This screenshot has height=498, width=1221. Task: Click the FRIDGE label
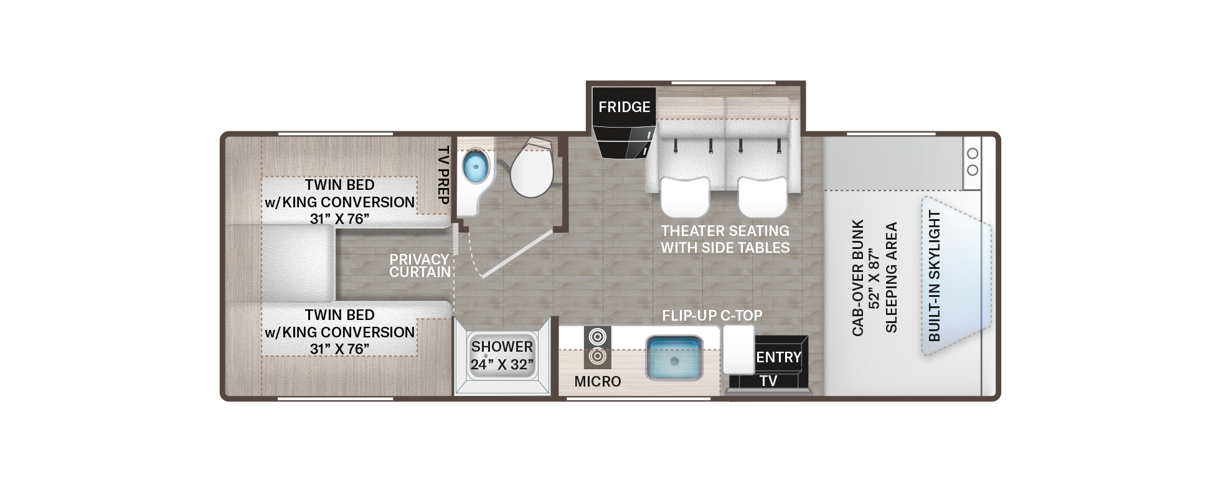(624, 107)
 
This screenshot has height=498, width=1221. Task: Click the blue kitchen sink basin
(674, 358)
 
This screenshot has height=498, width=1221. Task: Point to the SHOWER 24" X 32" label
(502, 355)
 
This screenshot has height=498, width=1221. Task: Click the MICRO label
(597, 382)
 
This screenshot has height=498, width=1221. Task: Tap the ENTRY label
(778, 357)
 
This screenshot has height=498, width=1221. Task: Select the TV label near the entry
(768, 381)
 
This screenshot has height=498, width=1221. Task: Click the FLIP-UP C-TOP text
(712, 316)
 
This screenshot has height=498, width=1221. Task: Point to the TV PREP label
(443, 176)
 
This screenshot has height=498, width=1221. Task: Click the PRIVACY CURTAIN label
(420, 266)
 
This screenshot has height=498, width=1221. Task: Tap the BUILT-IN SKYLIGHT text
(934, 276)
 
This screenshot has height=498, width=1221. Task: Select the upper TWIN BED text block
(339, 202)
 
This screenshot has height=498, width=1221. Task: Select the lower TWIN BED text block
(339, 332)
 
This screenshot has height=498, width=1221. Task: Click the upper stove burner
(597, 337)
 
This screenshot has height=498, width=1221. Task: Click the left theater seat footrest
(684, 195)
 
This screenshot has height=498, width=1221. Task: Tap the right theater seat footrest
(761, 195)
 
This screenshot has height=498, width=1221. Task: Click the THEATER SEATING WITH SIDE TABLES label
(725, 239)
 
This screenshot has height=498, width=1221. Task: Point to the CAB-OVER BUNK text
(858, 277)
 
